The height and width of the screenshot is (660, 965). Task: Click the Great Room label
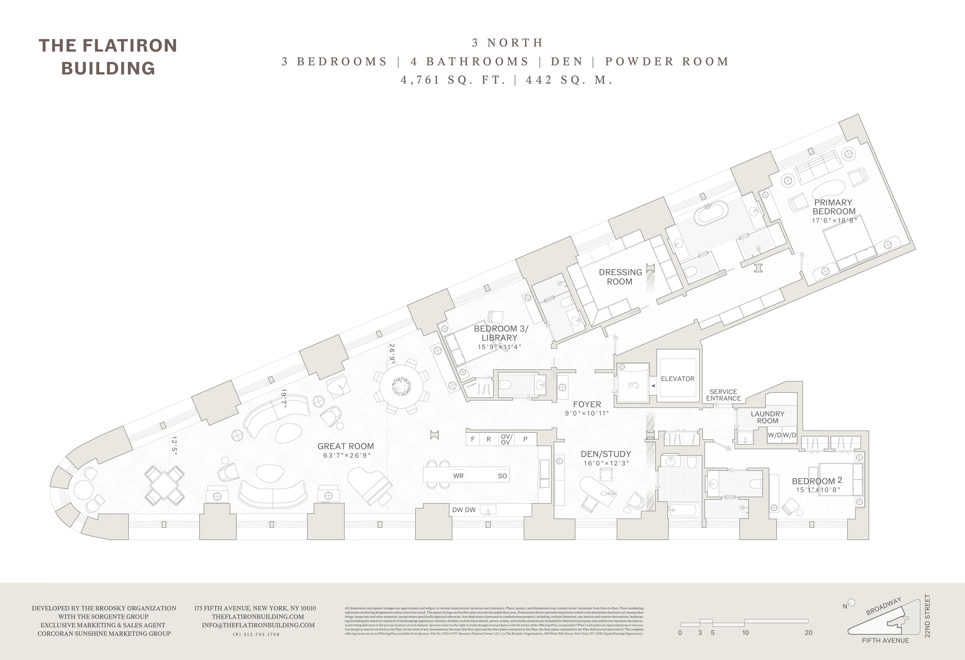pos(346,446)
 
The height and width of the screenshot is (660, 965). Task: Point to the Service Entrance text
pos(723,395)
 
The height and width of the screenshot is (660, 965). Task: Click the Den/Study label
pos(606,454)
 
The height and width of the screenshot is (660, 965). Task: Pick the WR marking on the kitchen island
pos(458,476)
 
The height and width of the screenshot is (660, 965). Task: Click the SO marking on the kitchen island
pos(502,476)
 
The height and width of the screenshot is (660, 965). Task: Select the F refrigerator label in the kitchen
pos(473,439)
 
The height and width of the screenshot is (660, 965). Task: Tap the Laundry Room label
pos(767,417)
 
